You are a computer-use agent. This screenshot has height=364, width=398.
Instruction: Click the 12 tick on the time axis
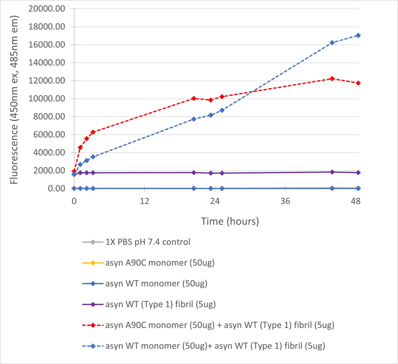click(x=144, y=201)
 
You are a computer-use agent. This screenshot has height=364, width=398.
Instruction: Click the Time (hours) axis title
click(x=230, y=222)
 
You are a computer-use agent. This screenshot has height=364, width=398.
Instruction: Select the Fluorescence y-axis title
click(x=14, y=100)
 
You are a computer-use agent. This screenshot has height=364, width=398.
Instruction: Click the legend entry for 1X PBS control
click(x=148, y=242)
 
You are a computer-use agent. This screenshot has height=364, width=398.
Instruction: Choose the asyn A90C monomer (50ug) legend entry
click(x=160, y=263)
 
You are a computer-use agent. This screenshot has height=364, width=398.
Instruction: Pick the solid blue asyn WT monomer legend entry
click(x=156, y=283)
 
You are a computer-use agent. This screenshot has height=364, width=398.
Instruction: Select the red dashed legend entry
click(x=220, y=325)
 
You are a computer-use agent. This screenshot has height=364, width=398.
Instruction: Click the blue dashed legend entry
click(x=215, y=345)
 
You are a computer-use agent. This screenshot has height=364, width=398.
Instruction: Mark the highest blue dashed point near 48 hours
click(x=358, y=35)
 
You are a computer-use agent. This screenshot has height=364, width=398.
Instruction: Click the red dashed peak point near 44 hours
click(x=332, y=79)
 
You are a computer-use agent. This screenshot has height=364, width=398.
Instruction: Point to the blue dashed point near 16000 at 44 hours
click(x=332, y=42)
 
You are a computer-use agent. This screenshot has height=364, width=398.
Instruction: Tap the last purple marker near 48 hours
click(x=358, y=172)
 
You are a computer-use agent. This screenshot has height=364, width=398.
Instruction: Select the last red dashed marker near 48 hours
click(x=358, y=83)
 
